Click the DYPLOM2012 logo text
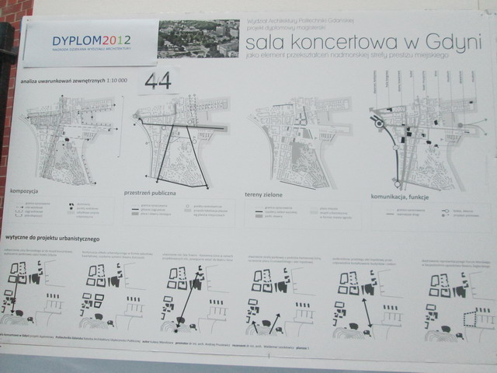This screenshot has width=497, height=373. [x=91, y=40]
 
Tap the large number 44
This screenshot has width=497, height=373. [x=158, y=81]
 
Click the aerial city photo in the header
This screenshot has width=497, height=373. [x=197, y=39]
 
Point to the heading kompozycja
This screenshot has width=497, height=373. [x=26, y=189]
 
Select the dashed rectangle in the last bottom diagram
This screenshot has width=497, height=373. [x=473, y=318]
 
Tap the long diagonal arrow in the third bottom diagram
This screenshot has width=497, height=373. [x=186, y=306]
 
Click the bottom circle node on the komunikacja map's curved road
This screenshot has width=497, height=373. [x=397, y=183]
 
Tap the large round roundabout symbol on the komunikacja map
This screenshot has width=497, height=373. [x=380, y=122]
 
